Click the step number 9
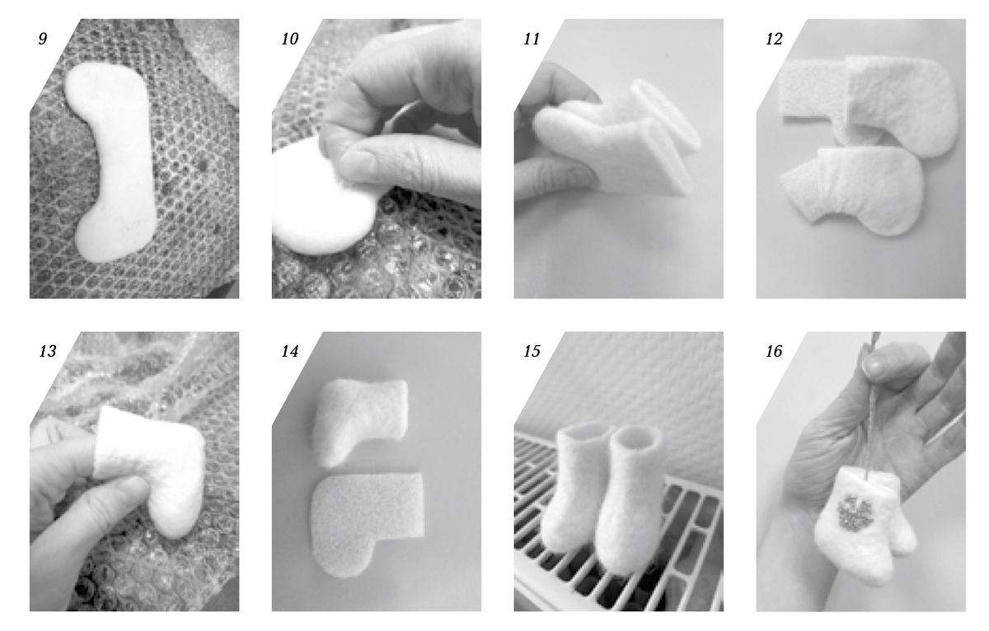point(42,39)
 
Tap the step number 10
point(289,39)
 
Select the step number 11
point(532,39)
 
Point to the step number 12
point(774,39)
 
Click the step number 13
point(48,351)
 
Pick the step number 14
point(289,351)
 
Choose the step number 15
point(532,351)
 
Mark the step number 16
point(774,351)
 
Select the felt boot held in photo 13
point(150,468)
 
